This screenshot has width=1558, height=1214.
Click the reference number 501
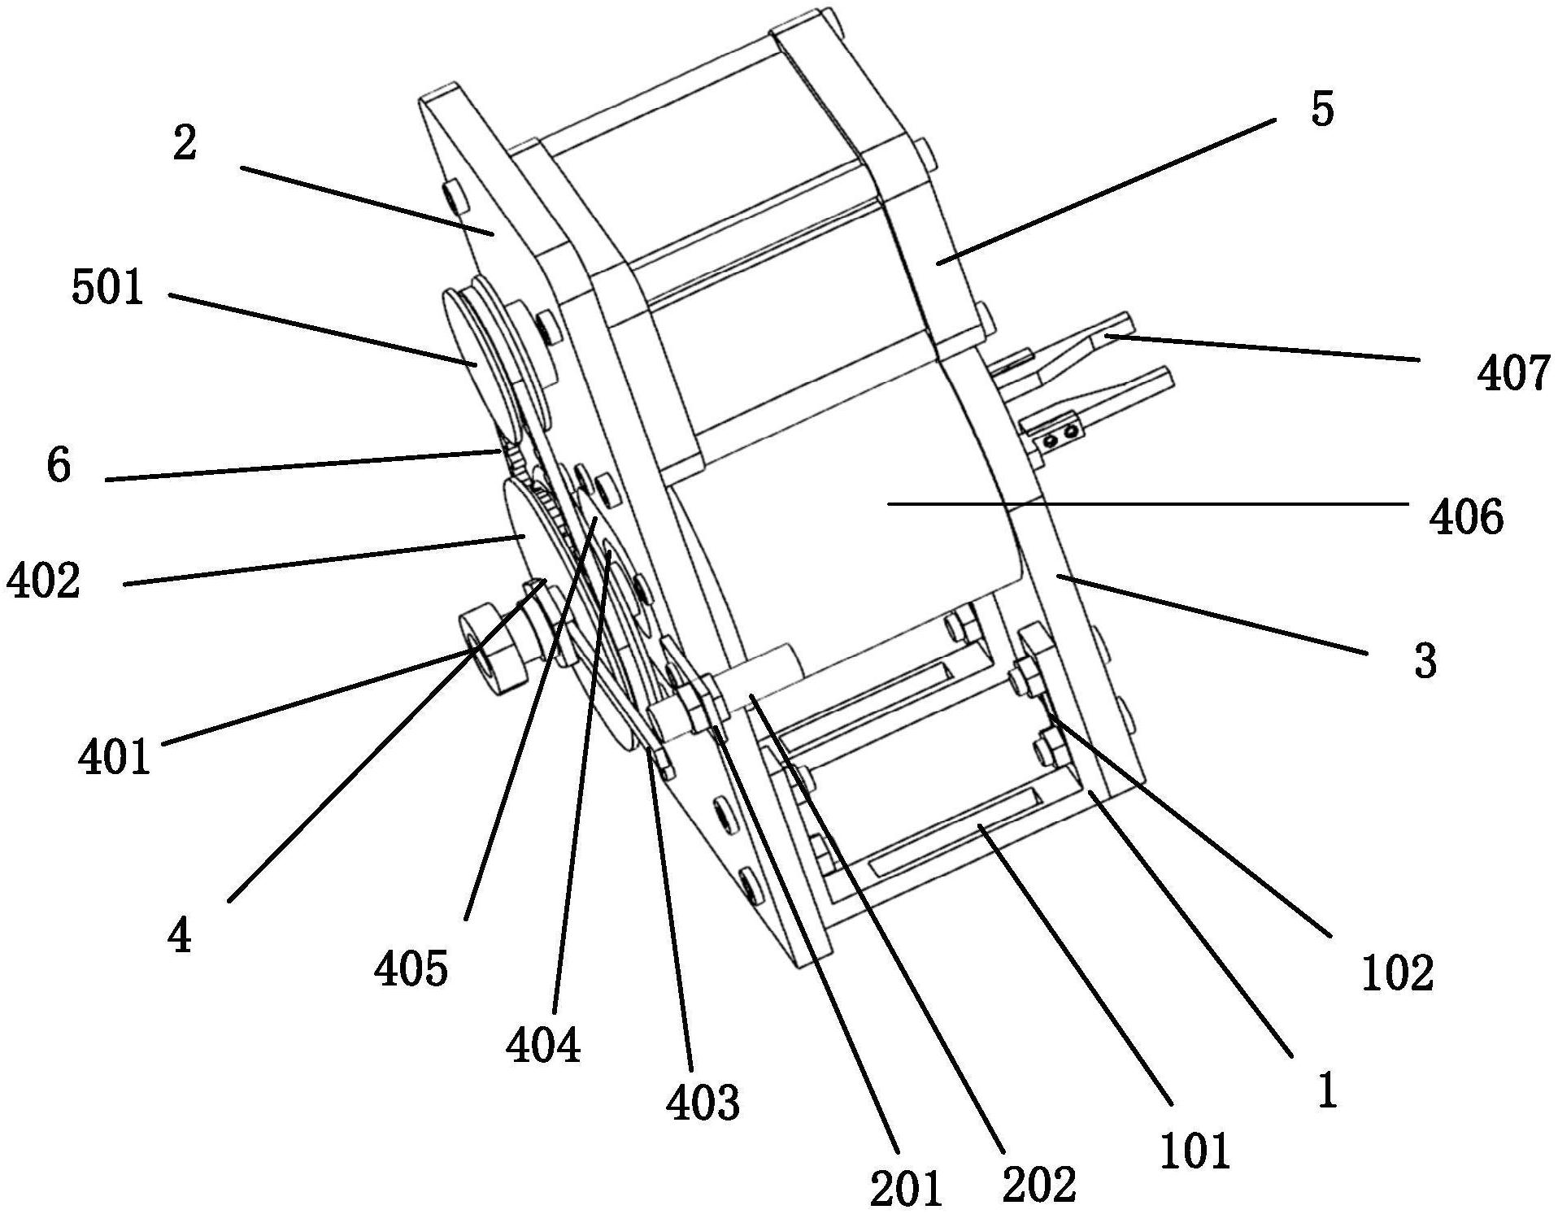(108, 289)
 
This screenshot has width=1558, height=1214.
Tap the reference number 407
(1513, 375)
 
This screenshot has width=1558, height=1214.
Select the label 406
(1466, 517)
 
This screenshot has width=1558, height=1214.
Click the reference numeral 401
(115, 757)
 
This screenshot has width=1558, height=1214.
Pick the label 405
(411, 968)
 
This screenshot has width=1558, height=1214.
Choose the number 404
(543, 1045)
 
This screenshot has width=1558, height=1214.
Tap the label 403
(703, 1103)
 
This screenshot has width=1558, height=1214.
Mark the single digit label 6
(59, 466)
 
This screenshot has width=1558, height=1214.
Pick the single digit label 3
(1425, 661)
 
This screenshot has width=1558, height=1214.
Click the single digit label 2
(185, 144)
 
